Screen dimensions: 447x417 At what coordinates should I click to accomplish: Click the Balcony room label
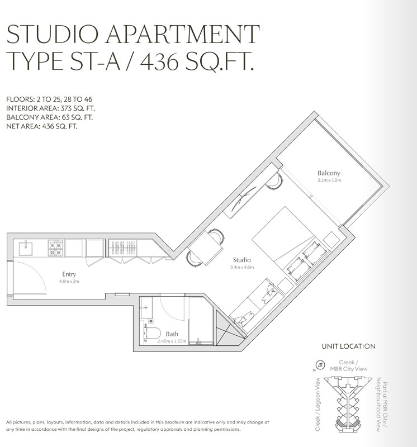(329, 173)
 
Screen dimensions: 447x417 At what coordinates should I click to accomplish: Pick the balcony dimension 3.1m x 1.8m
(329, 181)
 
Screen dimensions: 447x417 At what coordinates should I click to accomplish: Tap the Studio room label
(241, 260)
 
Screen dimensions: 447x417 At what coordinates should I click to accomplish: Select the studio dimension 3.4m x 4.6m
(241, 268)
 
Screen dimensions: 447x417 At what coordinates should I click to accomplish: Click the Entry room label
(69, 274)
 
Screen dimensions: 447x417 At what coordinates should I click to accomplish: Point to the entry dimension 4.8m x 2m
(69, 282)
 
